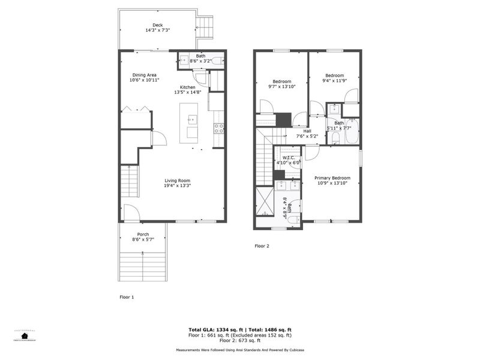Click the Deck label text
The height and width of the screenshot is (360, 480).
tap(157, 25)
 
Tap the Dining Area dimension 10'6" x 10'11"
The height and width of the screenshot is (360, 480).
tap(145, 80)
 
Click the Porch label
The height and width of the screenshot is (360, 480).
tap(143, 234)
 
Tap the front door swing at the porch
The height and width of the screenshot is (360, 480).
tap(131, 212)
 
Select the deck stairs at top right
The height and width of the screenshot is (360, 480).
tap(205, 26)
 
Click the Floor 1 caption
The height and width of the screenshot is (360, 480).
tap(127, 296)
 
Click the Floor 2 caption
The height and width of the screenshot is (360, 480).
tap(262, 245)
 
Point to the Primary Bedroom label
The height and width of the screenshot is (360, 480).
tap(332, 178)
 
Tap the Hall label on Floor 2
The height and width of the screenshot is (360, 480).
tap(307, 131)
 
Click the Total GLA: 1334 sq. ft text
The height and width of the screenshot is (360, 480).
tap(215, 330)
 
